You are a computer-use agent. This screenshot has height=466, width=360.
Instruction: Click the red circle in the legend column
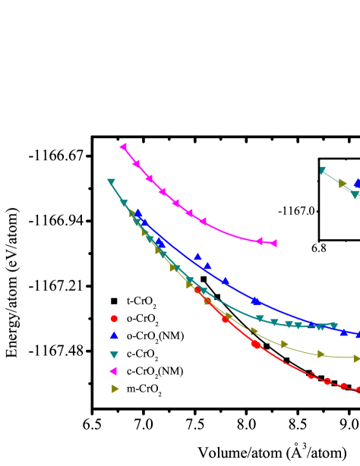tap(114, 319)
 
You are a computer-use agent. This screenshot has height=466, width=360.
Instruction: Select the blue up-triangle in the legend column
tap(114, 335)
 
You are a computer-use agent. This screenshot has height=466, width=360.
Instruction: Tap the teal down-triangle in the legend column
tap(114, 354)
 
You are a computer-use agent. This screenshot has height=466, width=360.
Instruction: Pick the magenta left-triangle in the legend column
tap(113, 371)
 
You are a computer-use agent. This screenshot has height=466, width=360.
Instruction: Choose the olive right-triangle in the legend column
tap(115, 389)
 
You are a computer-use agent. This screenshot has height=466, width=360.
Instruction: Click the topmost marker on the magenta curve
tap(123, 146)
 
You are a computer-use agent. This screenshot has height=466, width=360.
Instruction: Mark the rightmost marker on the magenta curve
tap(273, 243)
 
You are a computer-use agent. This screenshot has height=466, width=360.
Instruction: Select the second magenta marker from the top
tap(136, 163)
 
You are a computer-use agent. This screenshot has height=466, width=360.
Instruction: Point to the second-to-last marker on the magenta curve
tap(259, 241)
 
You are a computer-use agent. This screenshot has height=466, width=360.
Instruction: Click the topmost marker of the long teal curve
tap(111, 182)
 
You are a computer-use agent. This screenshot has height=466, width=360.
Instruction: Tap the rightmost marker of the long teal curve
tap(333, 326)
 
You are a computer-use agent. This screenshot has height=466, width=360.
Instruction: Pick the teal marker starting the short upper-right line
tap(323, 171)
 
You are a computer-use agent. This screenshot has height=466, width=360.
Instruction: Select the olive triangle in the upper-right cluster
tap(343, 183)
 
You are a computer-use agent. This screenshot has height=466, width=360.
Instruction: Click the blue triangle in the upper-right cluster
tap(357, 183)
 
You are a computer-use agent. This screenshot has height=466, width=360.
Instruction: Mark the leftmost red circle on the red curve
tap(197, 290)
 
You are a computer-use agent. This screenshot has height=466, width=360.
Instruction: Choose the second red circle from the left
tap(208, 301)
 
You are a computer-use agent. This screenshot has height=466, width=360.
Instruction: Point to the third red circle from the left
tap(226, 320)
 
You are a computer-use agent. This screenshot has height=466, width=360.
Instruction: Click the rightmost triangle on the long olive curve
tap(356, 358)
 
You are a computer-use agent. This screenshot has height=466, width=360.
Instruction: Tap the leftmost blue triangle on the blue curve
tap(138, 214)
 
